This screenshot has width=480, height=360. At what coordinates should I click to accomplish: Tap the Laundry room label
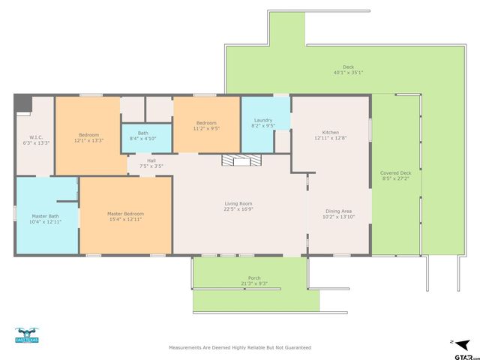click(x=262, y=120)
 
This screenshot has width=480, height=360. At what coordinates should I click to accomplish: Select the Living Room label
click(x=238, y=203)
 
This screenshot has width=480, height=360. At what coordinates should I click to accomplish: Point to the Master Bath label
click(x=44, y=217)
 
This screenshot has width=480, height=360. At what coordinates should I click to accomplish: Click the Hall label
click(x=151, y=160)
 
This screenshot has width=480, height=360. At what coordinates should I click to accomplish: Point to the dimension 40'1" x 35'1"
click(x=348, y=73)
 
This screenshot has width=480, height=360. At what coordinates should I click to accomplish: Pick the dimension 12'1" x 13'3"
click(x=88, y=140)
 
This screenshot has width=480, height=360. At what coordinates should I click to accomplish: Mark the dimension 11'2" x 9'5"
click(x=206, y=127)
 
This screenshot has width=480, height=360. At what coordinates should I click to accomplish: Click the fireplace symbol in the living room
click(x=239, y=160)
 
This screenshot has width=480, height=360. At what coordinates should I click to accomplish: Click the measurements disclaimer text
click(x=240, y=347)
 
